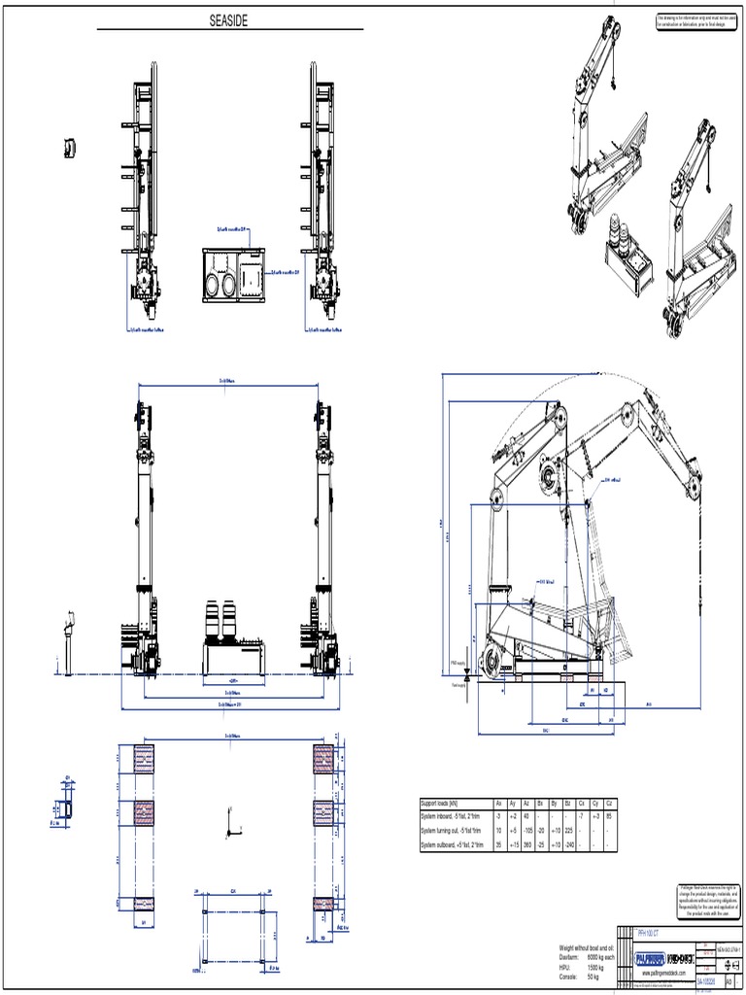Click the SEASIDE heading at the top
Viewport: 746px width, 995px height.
coord(229,20)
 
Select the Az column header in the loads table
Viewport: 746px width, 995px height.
coord(526,804)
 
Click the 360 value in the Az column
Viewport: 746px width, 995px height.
coord(526,845)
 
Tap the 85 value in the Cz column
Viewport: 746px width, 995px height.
coord(608,817)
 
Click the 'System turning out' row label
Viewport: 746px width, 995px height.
coord(451,832)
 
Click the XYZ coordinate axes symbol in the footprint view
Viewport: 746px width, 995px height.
coord(230,824)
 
